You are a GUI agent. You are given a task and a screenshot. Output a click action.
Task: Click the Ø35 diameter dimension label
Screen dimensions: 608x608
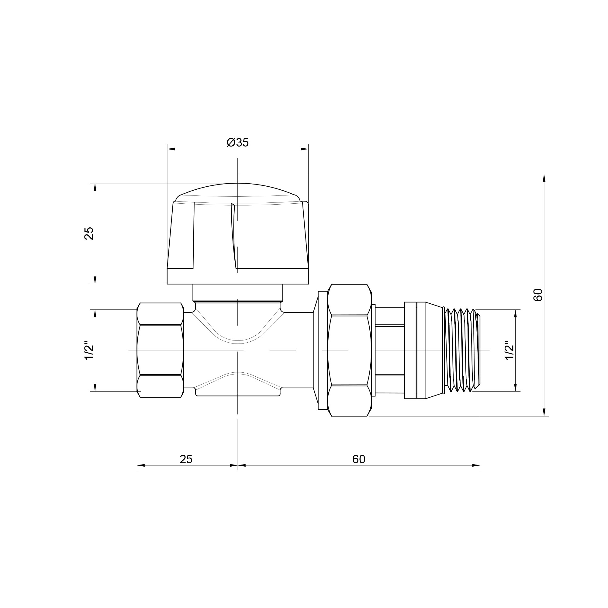pos(238,143)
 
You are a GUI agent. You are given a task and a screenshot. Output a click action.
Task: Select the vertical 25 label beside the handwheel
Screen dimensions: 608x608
pos(89,233)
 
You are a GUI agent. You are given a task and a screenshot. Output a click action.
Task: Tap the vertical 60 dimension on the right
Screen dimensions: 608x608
pos(538,295)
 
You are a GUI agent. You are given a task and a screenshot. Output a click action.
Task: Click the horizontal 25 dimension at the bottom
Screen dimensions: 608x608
pos(186,459)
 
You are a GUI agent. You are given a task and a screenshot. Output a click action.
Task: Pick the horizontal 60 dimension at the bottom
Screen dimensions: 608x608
pos(359,459)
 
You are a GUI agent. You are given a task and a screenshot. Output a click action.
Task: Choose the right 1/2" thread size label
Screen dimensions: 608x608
pos(509,350)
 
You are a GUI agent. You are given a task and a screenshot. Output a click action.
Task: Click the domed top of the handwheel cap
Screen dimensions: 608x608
pos(238,192)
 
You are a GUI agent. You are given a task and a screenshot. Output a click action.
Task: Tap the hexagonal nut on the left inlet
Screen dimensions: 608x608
pos(160,350)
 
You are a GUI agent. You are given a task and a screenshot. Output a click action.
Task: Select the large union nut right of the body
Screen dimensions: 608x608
pos(349,350)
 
